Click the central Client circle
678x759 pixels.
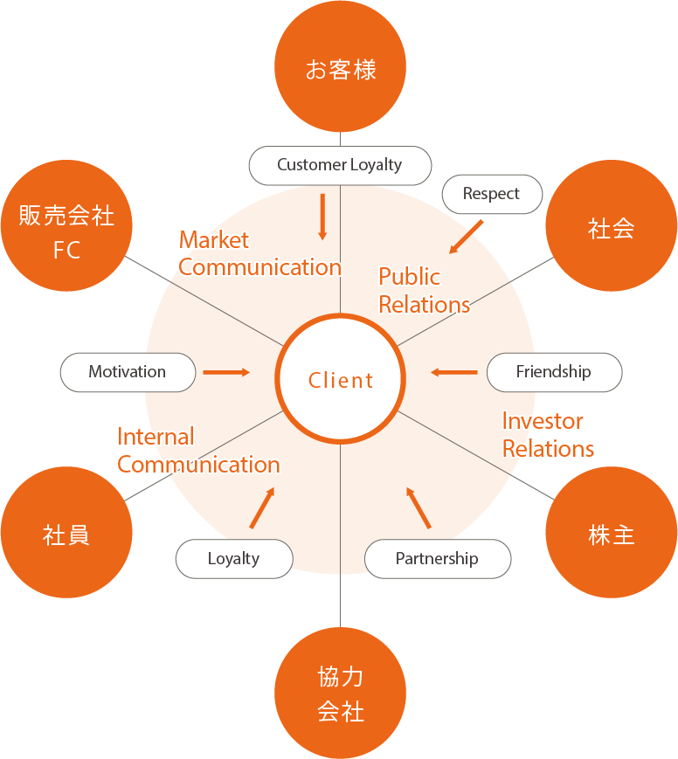[340, 380]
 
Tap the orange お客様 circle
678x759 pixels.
[340, 69]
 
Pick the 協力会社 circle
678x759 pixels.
[340, 693]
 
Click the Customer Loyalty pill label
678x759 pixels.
[340, 165]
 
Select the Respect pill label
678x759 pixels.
[491, 194]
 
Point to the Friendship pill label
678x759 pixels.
[554, 372]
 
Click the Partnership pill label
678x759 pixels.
[437, 559]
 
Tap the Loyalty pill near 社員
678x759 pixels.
[233, 559]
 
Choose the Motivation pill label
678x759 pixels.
[128, 372]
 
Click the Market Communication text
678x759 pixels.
[259, 254]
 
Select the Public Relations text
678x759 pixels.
[424, 291]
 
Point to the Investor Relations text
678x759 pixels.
[548, 435]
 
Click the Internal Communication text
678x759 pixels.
[198, 451]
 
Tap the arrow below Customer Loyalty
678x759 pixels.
[322, 216]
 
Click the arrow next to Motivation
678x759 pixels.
[226, 372]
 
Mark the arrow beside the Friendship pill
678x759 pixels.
[454, 373]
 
